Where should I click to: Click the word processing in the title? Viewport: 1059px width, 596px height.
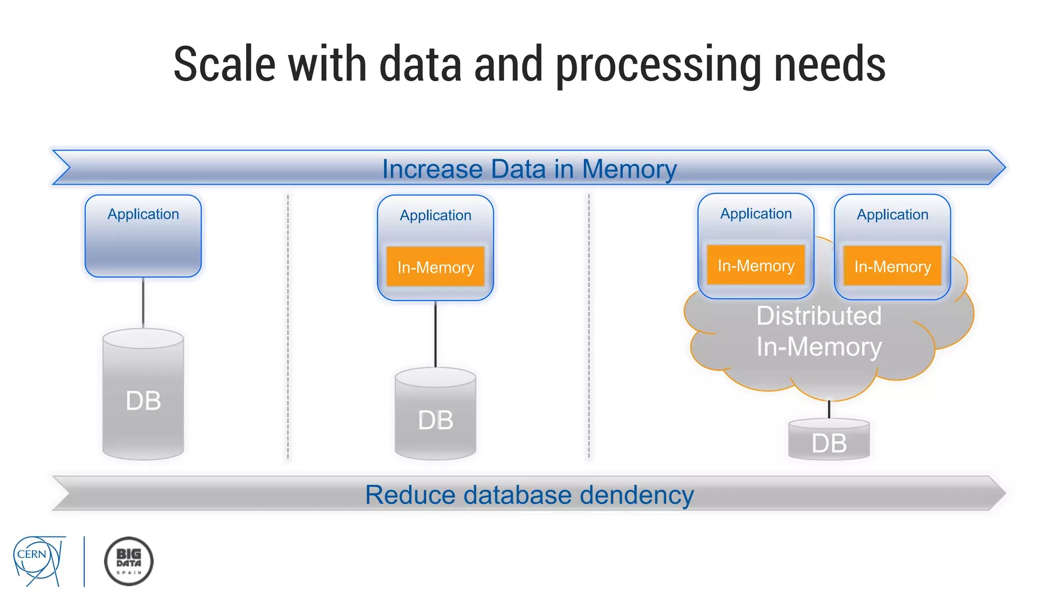click(658, 65)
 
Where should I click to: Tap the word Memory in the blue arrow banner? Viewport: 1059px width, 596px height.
click(629, 169)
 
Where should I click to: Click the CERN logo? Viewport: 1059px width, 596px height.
click(37, 560)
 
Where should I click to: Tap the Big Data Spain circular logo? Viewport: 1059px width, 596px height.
click(129, 561)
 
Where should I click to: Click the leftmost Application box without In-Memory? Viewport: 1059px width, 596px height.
click(143, 236)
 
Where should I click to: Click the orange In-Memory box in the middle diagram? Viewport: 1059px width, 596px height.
click(435, 267)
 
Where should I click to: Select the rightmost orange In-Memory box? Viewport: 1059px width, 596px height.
click(892, 266)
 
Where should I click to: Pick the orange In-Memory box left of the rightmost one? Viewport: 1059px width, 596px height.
click(755, 265)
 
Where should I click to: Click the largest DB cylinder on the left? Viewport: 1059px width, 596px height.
click(143, 396)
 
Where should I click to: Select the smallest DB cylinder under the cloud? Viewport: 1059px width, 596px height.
click(829, 440)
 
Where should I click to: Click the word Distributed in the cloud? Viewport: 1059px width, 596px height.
click(819, 316)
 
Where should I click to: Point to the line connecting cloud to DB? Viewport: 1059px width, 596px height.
click(829, 409)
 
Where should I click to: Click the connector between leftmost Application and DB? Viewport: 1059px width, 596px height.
click(143, 303)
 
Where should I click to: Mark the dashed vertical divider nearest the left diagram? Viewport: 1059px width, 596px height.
click(288, 326)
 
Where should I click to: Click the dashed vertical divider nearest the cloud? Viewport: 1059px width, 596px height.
click(588, 326)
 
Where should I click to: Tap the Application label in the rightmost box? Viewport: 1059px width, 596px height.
click(892, 214)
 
